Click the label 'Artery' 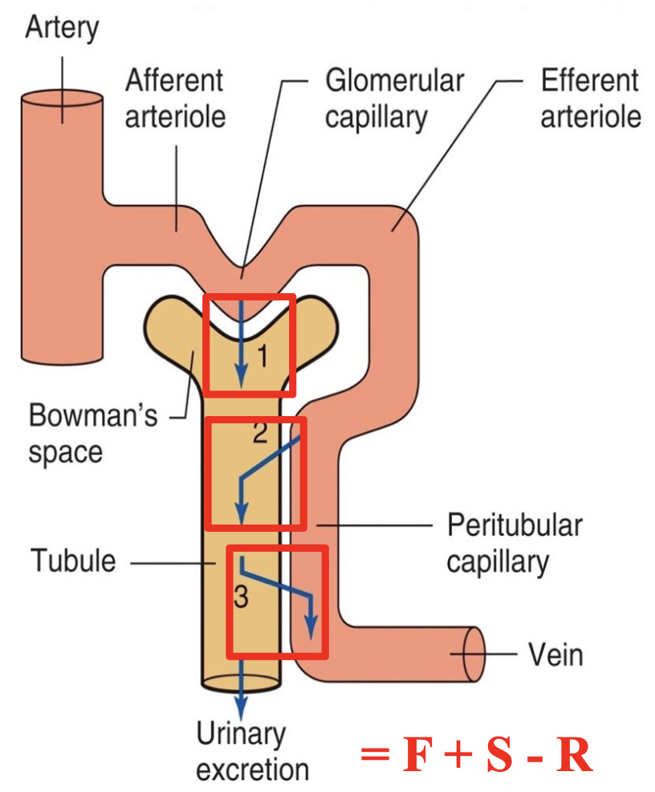point(61,28)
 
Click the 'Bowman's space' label point(93,434)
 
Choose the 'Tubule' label point(73,560)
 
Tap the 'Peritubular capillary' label point(514,543)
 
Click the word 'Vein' point(555,655)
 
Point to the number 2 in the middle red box point(259,435)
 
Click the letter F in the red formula point(420,754)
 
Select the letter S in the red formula point(497,754)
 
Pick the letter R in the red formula point(576,754)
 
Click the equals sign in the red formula point(375,755)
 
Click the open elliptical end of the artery point(63,104)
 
